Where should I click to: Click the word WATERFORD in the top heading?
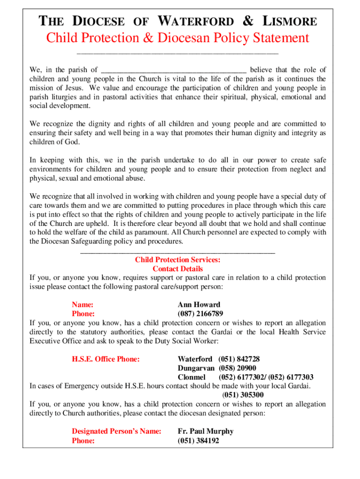(196, 21)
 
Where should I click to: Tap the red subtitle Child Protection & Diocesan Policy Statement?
(178, 38)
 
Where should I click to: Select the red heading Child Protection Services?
(178, 260)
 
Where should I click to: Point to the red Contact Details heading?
(178, 269)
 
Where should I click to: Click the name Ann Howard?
(199, 305)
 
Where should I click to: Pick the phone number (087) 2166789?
(200, 313)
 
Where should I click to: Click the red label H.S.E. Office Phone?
(106, 359)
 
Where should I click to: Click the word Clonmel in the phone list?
(192, 377)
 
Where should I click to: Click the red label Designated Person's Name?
(116, 431)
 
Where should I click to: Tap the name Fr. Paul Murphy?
(205, 431)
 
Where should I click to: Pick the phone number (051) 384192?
(198, 441)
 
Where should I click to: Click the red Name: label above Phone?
(82, 305)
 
